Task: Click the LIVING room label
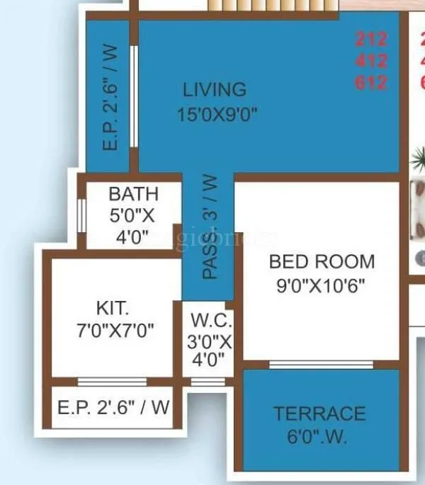click(x=215, y=90)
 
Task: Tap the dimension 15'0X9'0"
click(x=217, y=114)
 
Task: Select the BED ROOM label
click(x=322, y=261)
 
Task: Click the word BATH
click(x=133, y=194)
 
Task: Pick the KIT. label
click(x=113, y=308)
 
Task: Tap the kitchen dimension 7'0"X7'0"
click(x=115, y=330)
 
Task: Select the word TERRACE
click(x=320, y=413)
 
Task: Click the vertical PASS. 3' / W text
click(x=210, y=227)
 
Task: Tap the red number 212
click(x=372, y=39)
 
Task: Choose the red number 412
click(x=372, y=60)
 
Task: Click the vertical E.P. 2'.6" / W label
click(x=110, y=99)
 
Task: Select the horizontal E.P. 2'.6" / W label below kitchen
click(x=114, y=408)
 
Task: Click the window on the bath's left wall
click(x=82, y=215)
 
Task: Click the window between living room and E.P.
click(x=133, y=98)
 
